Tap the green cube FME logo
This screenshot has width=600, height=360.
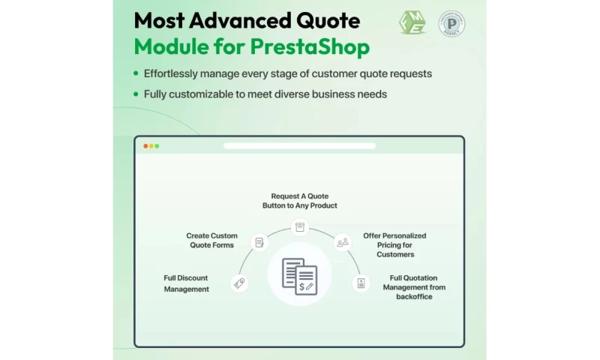(412, 22)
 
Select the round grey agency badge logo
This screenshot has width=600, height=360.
(453, 23)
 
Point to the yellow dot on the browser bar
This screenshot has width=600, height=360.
(151, 145)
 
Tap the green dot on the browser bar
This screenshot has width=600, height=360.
(157, 145)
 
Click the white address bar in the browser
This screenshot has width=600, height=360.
(299, 145)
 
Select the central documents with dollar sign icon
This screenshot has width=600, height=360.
(299, 275)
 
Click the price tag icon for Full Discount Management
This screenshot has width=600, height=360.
(239, 283)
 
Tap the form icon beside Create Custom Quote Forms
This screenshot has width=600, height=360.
(259, 242)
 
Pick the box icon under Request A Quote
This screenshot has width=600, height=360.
(299, 226)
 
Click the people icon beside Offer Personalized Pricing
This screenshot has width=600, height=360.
(342, 242)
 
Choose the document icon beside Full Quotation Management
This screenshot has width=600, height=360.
(361, 283)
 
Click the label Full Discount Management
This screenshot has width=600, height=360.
(187, 283)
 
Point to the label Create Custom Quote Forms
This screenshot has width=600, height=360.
(212, 240)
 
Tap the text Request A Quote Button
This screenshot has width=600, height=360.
(299, 200)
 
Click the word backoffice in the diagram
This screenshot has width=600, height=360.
(413, 296)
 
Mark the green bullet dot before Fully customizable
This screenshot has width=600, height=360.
(136, 94)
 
